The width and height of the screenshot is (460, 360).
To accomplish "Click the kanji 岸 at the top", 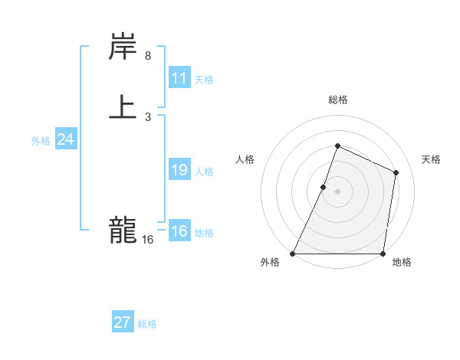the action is coord(123,48).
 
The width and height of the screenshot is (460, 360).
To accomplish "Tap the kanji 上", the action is coord(123,107).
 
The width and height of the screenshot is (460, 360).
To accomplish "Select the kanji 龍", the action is coord(123,230).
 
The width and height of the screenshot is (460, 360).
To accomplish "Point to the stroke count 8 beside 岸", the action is coord(147,56).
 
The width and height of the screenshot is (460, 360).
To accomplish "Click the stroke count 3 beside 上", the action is coord(147,116).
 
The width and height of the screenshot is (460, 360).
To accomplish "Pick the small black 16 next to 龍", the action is coord(147,240).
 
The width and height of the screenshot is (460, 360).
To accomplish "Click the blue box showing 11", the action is coord(179,78).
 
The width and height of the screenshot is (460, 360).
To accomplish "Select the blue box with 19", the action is coord(179,170).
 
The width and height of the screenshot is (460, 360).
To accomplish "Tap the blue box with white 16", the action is coord(179,231).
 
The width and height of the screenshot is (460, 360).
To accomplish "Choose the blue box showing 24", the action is coord(66,139).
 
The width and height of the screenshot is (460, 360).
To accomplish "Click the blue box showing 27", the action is coord(123,322).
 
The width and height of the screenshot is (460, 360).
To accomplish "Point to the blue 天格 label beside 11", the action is coord(204,79).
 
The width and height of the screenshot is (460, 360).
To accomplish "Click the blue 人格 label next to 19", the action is coord(204,171).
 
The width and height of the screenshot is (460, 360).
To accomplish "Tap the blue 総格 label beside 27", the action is coord(147,324).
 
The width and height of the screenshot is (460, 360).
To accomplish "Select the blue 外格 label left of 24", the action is coord(41,141).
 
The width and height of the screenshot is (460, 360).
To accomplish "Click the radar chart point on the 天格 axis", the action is coord(396,172).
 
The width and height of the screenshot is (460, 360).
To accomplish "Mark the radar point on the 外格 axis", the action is coord(293,254).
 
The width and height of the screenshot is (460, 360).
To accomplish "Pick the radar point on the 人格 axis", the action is coord(324,187).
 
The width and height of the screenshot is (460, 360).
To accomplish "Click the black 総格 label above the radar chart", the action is coord(338,100).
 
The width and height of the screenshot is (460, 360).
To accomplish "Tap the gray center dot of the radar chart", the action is coord(338,191).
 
